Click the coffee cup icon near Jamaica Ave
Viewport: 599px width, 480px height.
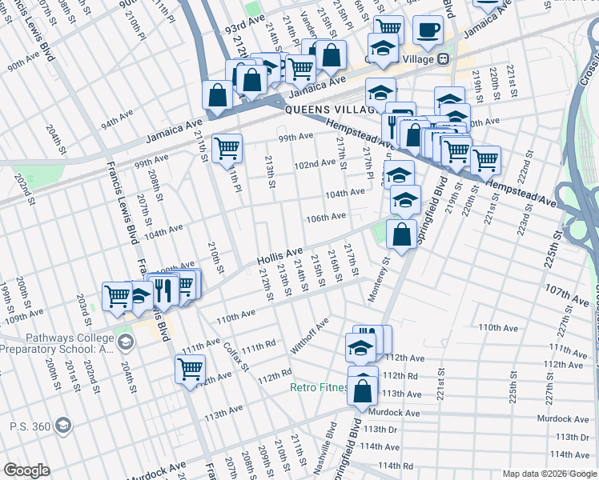click(x=428, y=30)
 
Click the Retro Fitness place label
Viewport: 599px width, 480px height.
click(x=319, y=388)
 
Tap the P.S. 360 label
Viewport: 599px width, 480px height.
click(x=30, y=427)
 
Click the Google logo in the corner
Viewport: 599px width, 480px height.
click(x=26, y=470)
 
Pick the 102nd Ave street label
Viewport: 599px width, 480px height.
click(x=315, y=163)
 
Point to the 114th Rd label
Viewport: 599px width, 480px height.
click(x=396, y=465)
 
